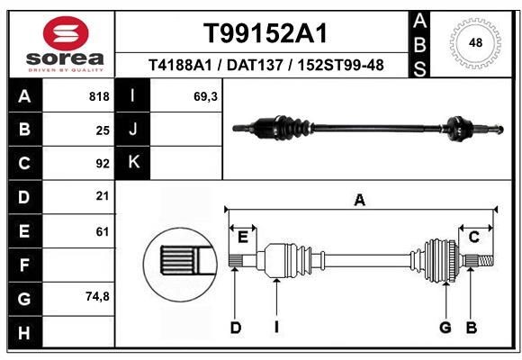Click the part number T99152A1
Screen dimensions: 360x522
tap(264, 33)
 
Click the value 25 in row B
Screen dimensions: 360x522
tap(102, 130)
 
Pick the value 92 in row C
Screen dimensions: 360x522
tap(102, 163)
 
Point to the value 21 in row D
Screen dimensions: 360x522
tap(102, 196)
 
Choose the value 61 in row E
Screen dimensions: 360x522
tap(102, 230)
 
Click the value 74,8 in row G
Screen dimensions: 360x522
tap(97, 296)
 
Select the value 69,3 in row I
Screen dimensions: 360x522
tap(206, 96)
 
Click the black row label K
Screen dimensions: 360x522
tap(133, 163)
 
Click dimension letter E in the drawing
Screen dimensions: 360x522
tap(243, 236)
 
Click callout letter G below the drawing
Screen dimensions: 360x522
tap(445, 328)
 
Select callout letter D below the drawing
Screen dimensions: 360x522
tap(236, 328)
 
